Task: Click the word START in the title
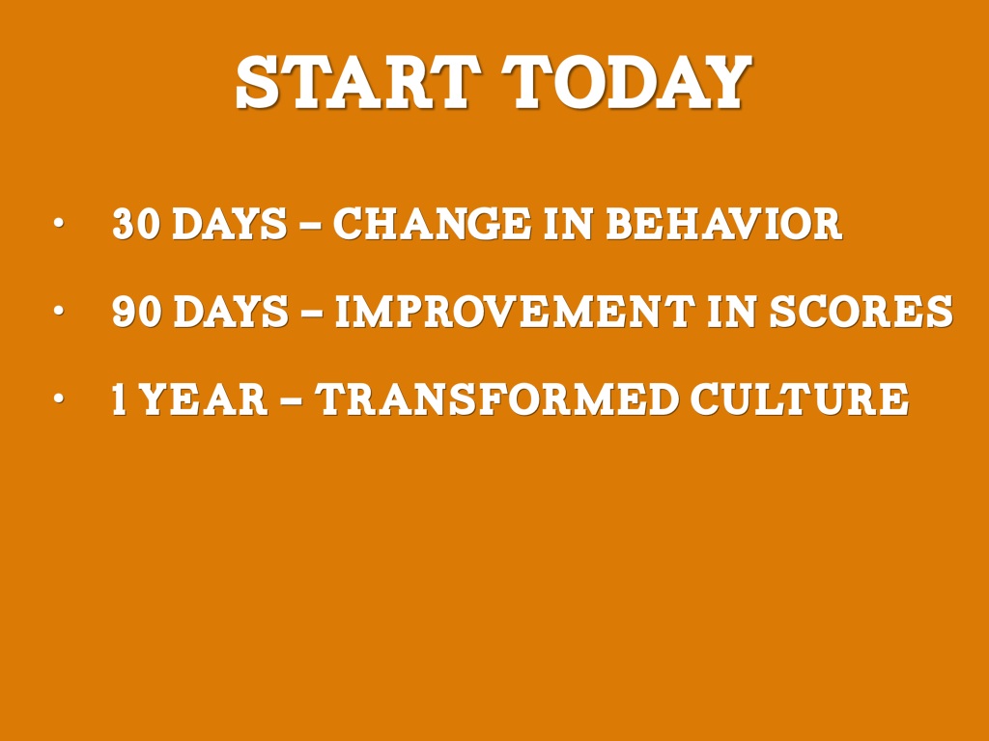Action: tap(354, 83)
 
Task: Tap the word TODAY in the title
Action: tap(626, 83)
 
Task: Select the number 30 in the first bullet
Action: tap(135, 223)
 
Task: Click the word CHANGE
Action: tap(432, 223)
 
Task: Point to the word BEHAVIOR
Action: tap(723, 223)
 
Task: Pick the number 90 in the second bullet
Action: tap(135, 311)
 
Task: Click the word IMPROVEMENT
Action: tap(514, 311)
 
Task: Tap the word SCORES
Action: tap(861, 311)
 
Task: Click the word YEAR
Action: tap(203, 398)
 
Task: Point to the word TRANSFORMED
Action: tap(496, 398)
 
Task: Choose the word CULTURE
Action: tap(799, 398)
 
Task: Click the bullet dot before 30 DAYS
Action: tap(59, 223)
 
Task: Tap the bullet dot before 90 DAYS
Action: tap(59, 310)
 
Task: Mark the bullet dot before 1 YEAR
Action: tap(59, 398)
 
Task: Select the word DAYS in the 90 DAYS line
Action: tap(230, 311)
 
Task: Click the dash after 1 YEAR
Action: tap(291, 400)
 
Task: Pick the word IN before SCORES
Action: tap(732, 311)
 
